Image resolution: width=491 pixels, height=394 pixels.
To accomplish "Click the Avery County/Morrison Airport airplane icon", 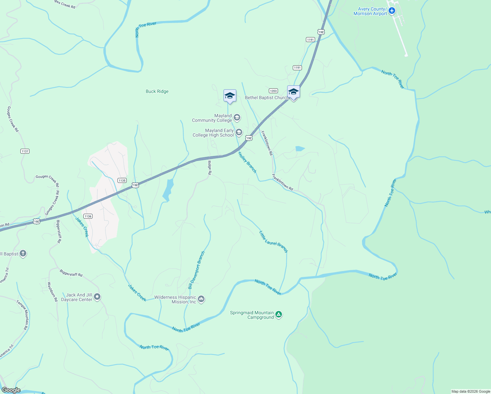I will [392, 11].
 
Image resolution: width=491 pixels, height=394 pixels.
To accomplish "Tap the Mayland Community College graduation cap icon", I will [237, 118].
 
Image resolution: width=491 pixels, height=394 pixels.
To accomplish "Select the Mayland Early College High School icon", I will [239, 133].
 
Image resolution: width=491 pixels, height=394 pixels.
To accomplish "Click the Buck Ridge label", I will [157, 91].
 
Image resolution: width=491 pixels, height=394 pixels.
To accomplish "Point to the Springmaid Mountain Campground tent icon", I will [279, 315].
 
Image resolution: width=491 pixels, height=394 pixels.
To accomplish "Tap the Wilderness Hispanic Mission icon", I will [202, 299].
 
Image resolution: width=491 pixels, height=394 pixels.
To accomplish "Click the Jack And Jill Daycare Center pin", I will [97, 297].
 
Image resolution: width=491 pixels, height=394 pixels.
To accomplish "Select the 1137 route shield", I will [25, 151].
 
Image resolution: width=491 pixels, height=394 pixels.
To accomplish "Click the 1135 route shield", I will [122, 180].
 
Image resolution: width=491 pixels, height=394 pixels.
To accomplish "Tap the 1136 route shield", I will [88, 216].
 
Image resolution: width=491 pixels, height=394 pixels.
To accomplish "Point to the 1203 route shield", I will [273, 91].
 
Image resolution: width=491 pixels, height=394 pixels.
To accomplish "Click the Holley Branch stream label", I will [247, 163].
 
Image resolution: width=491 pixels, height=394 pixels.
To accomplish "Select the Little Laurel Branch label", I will [273, 242].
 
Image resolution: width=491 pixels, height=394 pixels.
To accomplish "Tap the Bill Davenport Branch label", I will [196, 270].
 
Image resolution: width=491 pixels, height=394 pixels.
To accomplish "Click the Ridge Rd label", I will [210, 167].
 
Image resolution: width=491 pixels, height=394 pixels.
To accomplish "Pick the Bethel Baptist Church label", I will [267, 98].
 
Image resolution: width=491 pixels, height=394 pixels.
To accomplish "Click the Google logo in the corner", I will [11, 390].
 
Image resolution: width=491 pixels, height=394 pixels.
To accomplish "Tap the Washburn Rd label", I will [53, 292].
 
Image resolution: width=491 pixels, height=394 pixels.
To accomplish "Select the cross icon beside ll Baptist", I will [23, 253].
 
